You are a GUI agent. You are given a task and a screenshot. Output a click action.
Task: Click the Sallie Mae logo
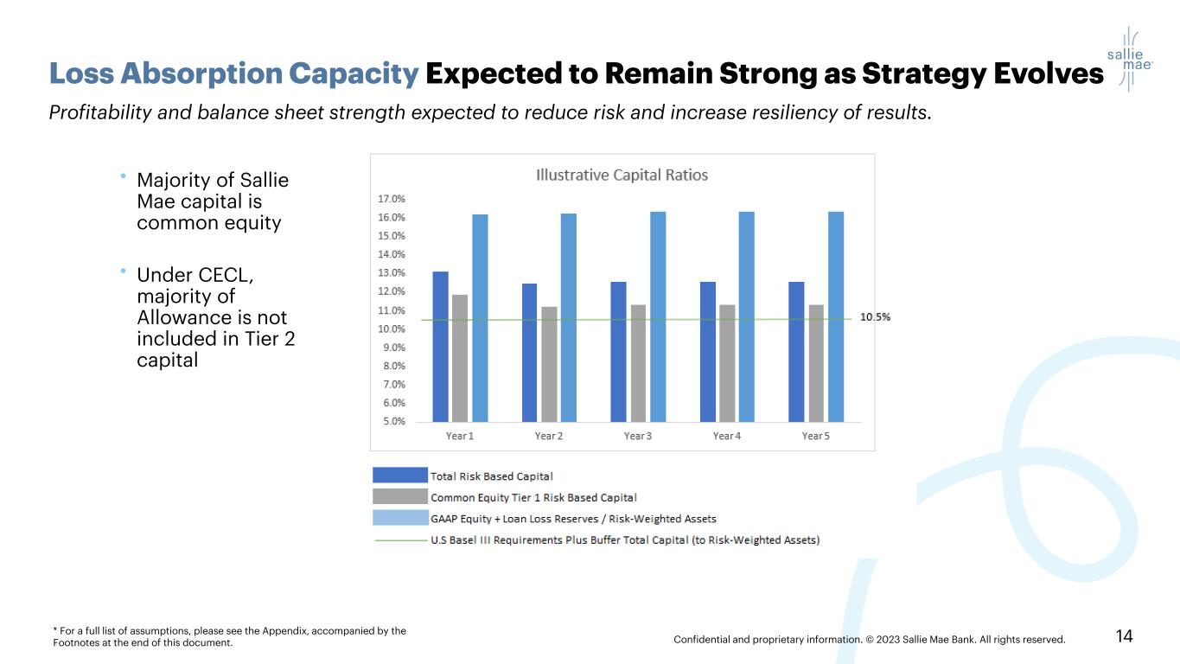(1129, 58)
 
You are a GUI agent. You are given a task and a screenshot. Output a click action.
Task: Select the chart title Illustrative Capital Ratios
(622, 175)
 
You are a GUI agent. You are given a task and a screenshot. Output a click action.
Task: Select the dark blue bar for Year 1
(440, 346)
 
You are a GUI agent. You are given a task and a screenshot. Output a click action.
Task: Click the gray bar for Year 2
(549, 363)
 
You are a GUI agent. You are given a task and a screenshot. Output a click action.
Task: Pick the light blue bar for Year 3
(658, 316)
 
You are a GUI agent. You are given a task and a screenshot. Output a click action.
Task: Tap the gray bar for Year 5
(816, 362)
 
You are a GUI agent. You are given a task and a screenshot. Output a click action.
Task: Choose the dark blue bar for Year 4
(707, 351)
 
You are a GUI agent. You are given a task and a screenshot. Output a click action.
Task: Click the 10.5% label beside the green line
(875, 317)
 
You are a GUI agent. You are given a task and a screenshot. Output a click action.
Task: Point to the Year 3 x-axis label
(637, 436)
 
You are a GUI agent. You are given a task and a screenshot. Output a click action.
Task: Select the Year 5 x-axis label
(815, 436)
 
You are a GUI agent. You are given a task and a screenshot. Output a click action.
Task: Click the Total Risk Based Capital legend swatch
(400, 476)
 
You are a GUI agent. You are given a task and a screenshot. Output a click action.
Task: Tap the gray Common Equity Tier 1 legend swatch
(400, 497)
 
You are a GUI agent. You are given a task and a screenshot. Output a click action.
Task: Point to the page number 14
(1124, 637)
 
